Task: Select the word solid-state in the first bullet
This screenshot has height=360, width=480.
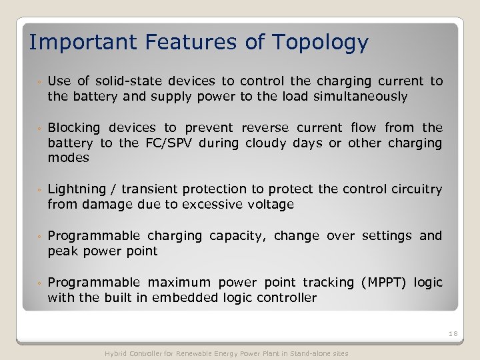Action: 123,81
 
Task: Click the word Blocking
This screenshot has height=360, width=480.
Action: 74,128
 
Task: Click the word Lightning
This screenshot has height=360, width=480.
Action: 75,189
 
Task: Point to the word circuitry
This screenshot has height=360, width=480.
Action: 415,189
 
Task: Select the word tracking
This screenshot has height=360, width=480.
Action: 329,283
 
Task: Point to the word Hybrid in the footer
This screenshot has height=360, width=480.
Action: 115,353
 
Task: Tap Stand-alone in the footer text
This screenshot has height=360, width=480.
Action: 313,353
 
